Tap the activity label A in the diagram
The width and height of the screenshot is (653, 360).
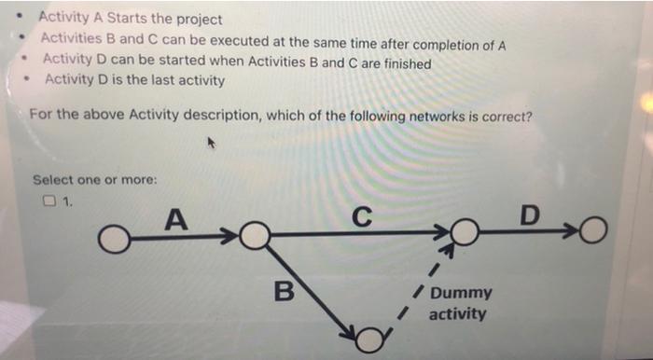(174, 220)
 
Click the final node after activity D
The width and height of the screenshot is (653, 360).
(593, 228)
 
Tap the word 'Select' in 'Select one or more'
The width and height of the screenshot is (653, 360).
(52, 179)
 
